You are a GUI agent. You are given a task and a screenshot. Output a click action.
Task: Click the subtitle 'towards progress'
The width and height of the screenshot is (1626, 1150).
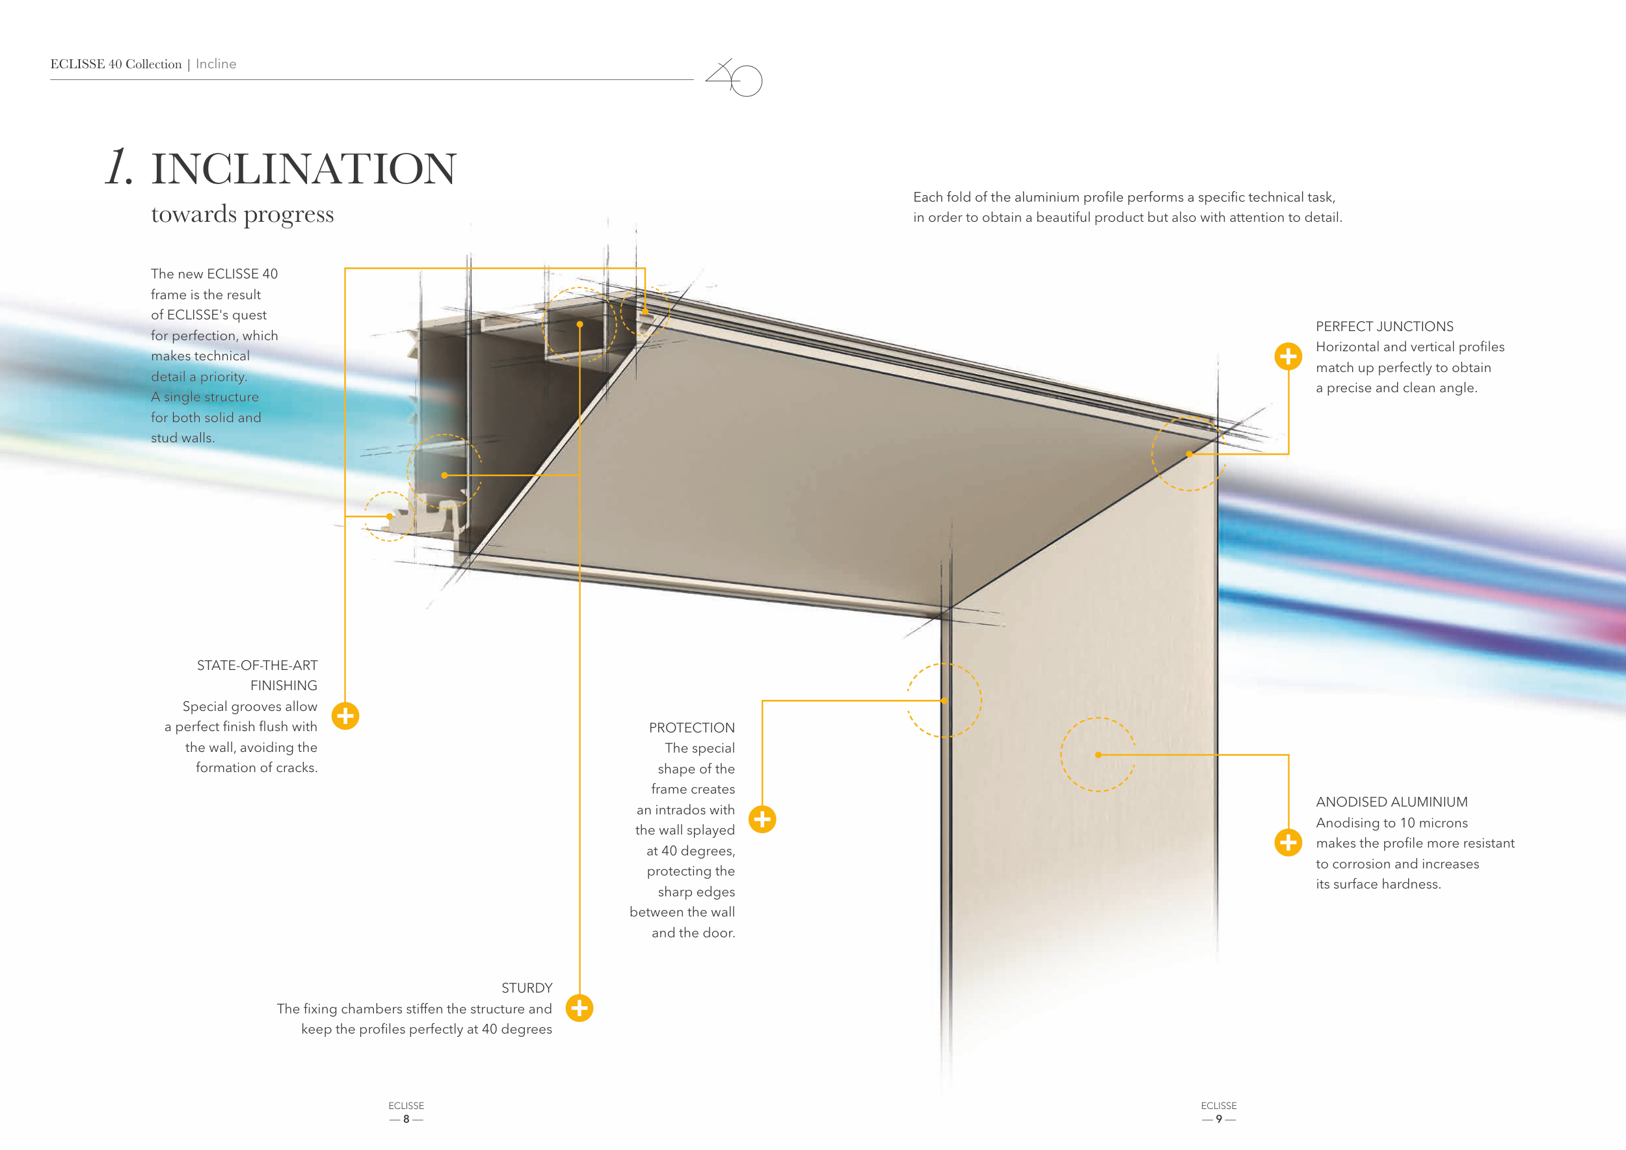pos(242,214)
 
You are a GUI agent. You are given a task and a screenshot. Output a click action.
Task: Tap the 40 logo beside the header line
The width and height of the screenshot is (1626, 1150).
pos(734,77)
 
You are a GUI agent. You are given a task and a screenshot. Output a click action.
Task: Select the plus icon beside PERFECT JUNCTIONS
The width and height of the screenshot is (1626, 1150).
pos(1288,356)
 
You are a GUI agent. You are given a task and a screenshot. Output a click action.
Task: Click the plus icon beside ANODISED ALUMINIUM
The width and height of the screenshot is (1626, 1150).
pos(1288,843)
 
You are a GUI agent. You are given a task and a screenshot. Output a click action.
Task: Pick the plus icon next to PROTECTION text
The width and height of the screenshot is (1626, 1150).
pos(762,820)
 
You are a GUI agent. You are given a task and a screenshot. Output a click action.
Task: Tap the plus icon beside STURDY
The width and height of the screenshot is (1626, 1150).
pos(580,1008)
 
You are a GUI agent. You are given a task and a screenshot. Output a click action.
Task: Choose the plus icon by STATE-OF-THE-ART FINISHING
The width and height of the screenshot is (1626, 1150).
pos(345,716)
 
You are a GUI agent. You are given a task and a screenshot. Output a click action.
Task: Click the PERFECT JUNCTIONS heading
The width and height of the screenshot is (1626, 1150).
pos(1384,327)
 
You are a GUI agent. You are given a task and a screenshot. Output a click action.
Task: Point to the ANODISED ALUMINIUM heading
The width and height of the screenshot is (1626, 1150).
pos(1391,801)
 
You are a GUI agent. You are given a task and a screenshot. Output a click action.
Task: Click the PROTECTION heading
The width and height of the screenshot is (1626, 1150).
pos(691,727)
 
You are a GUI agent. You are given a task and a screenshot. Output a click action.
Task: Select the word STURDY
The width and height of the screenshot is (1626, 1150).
pos(526,988)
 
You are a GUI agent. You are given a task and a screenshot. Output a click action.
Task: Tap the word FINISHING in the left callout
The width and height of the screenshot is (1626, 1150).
pos(284,686)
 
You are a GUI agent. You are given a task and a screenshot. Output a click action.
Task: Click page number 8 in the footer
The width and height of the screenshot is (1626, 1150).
pos(406,1119)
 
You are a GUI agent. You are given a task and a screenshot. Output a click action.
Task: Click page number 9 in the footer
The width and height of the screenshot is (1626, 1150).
pos(1218,1119)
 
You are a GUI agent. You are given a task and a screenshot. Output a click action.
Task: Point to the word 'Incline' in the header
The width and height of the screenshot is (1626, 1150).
pos(216,64)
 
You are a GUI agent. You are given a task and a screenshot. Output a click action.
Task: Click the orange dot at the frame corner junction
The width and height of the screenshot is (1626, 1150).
pos(1189,454)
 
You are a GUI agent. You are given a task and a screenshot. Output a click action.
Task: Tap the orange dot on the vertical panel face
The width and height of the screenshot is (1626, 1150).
pos(1098,755)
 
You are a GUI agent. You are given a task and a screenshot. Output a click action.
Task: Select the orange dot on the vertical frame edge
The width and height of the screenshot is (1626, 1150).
pos(944,701)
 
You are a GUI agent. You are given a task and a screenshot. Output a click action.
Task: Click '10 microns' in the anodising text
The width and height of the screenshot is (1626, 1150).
pos(1433,823)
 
